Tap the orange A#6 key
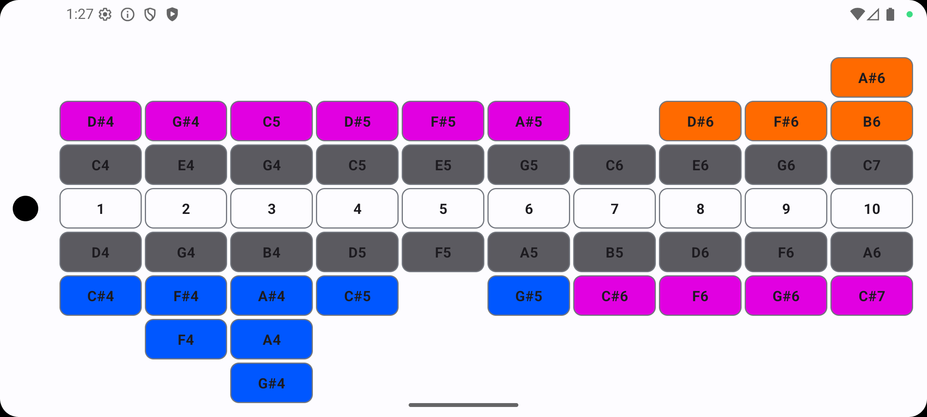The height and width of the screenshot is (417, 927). coord(871,78)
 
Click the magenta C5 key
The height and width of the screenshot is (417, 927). coord(271,121)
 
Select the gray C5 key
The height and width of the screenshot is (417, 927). coord(357,165)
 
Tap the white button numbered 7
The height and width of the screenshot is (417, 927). coord(614,208)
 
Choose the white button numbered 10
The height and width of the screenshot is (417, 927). coord(871,208)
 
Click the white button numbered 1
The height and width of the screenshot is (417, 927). coord(100,208)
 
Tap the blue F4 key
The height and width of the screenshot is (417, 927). coord(186,339)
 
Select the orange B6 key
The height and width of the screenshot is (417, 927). coord(871,121)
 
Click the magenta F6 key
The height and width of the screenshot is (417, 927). coord(700,296)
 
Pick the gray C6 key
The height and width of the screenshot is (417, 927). coord(614,165)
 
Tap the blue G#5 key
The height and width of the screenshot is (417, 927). coord(528,296)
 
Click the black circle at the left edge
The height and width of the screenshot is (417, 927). coord(25,208)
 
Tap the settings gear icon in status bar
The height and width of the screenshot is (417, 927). coord(105,15)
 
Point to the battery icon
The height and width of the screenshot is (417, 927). coord(890,14)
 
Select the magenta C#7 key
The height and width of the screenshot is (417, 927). coord(871,296)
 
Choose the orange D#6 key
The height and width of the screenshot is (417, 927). coord(700,121)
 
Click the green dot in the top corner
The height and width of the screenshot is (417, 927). coord(910,14)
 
